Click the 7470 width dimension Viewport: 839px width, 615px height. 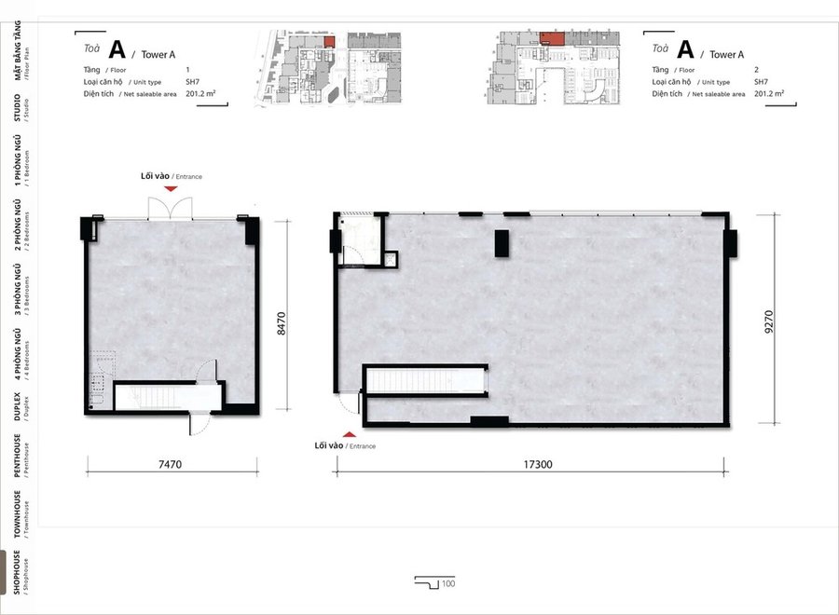pyautogui.click(x=171, y=464)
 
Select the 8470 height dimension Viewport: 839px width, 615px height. pyautogui.click(x=282, y=323)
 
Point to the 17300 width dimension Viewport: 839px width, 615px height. pyautogui.click(x=538, y=464)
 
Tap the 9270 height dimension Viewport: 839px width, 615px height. pyautogui.click(x=769, y=321)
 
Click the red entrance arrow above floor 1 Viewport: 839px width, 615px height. pyautogui.click(x=171, y=189)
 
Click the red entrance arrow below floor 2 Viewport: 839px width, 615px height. pyautogui.click(x=350, y=434)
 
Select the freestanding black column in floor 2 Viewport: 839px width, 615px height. pyautogui.click(x=502, y=243)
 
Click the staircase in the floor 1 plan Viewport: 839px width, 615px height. pyautogui.click(x=168, y=397)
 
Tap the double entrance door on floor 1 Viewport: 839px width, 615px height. pyautogui.click(x=171, y=209)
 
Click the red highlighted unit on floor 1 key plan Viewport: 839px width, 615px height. pyautogui.click(x=329, y=42)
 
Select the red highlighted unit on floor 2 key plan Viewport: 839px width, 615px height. pyautogui.click(x=552, y=38)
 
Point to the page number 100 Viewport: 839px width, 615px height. pyautogui.click(x=448, y=583)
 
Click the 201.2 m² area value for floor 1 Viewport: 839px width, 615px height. pyautogui.click(x=200, y=93)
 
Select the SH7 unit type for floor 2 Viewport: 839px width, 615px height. pyautogui.click(x=761, y=82)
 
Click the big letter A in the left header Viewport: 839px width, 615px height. pyautogui.click(x=117, y=49)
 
